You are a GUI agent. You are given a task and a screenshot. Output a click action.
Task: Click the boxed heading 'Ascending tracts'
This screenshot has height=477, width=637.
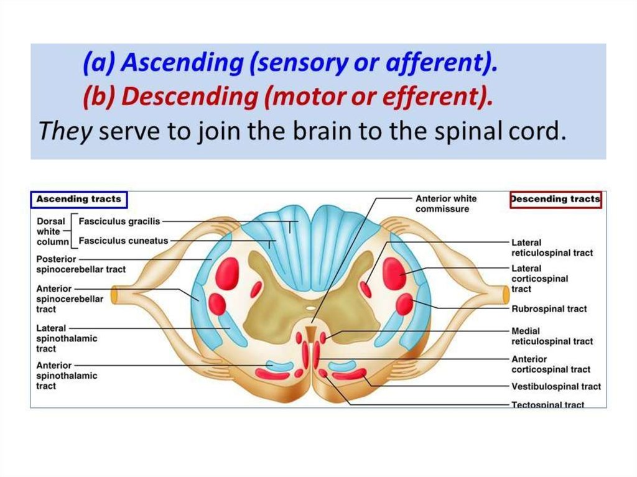[x=78, y=200]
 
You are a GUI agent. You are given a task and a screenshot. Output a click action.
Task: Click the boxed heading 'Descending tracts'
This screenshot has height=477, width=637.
[x=556, y=200]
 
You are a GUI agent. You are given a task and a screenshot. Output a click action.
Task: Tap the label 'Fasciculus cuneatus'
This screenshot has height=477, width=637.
[x=123, y=241]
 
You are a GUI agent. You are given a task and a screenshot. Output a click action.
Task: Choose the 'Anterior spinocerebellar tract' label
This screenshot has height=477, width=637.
[x=70, y=299]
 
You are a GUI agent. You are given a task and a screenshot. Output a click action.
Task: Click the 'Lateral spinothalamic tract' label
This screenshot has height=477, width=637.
[x=67, y=338]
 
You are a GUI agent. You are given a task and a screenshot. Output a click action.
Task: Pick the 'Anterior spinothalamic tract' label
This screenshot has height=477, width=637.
[x=67, y=376]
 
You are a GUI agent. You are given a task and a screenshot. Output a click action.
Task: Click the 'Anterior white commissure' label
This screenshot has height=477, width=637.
[x=446, y=204]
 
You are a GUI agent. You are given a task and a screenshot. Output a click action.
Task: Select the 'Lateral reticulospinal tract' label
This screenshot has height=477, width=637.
[x=552, y=248]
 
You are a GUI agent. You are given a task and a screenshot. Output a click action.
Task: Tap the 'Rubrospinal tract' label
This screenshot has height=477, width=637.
[x=549, y=309]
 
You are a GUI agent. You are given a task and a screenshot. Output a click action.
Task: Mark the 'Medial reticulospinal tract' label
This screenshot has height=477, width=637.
[x=552, y=336]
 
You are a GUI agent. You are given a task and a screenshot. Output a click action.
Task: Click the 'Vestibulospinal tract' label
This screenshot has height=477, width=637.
[x=556, y=387]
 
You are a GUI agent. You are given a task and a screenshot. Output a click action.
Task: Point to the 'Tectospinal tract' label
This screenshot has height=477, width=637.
[x=547, y=405]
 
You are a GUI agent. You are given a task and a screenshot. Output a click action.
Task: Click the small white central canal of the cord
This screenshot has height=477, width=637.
[x=310, y=307]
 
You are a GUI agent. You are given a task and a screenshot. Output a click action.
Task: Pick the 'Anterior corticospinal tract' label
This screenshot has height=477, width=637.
[x=551, y=364]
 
